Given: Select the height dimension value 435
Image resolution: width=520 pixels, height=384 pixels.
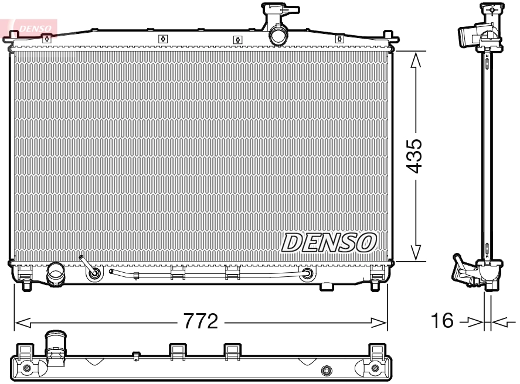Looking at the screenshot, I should coord(414,156).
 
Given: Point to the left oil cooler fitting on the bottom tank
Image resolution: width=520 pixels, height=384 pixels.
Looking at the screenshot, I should coord(93,273).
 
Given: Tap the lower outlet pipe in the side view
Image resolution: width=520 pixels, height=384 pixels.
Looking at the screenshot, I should coord(463,272).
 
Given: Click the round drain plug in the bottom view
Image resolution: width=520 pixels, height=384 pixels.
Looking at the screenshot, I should coord(327,370).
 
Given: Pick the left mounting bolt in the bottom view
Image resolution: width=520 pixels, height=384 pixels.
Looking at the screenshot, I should coord(26,368).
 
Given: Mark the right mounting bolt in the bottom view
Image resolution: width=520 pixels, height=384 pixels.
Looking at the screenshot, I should coord(375,368).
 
